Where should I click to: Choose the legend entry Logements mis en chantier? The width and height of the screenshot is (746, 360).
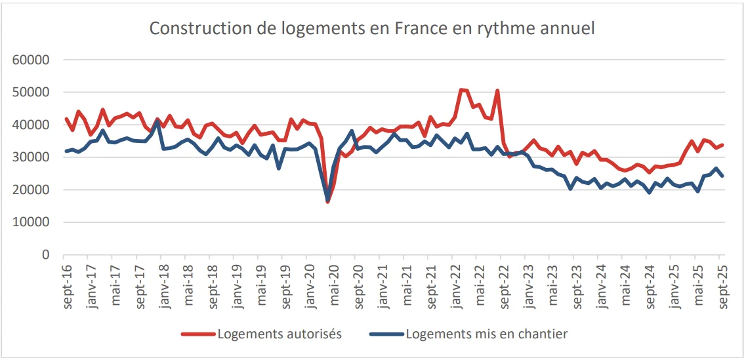(x=486, y=334)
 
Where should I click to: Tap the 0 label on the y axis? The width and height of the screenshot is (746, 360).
(x=46, y=255)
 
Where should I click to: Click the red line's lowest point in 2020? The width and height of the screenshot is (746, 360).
(x=327, y=201)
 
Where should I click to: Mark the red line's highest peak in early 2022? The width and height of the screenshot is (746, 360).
(x=461, y=89)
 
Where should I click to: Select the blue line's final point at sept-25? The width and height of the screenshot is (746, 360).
(x=722, y=176)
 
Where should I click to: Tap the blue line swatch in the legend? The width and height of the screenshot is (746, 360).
(x=386, y=334)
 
